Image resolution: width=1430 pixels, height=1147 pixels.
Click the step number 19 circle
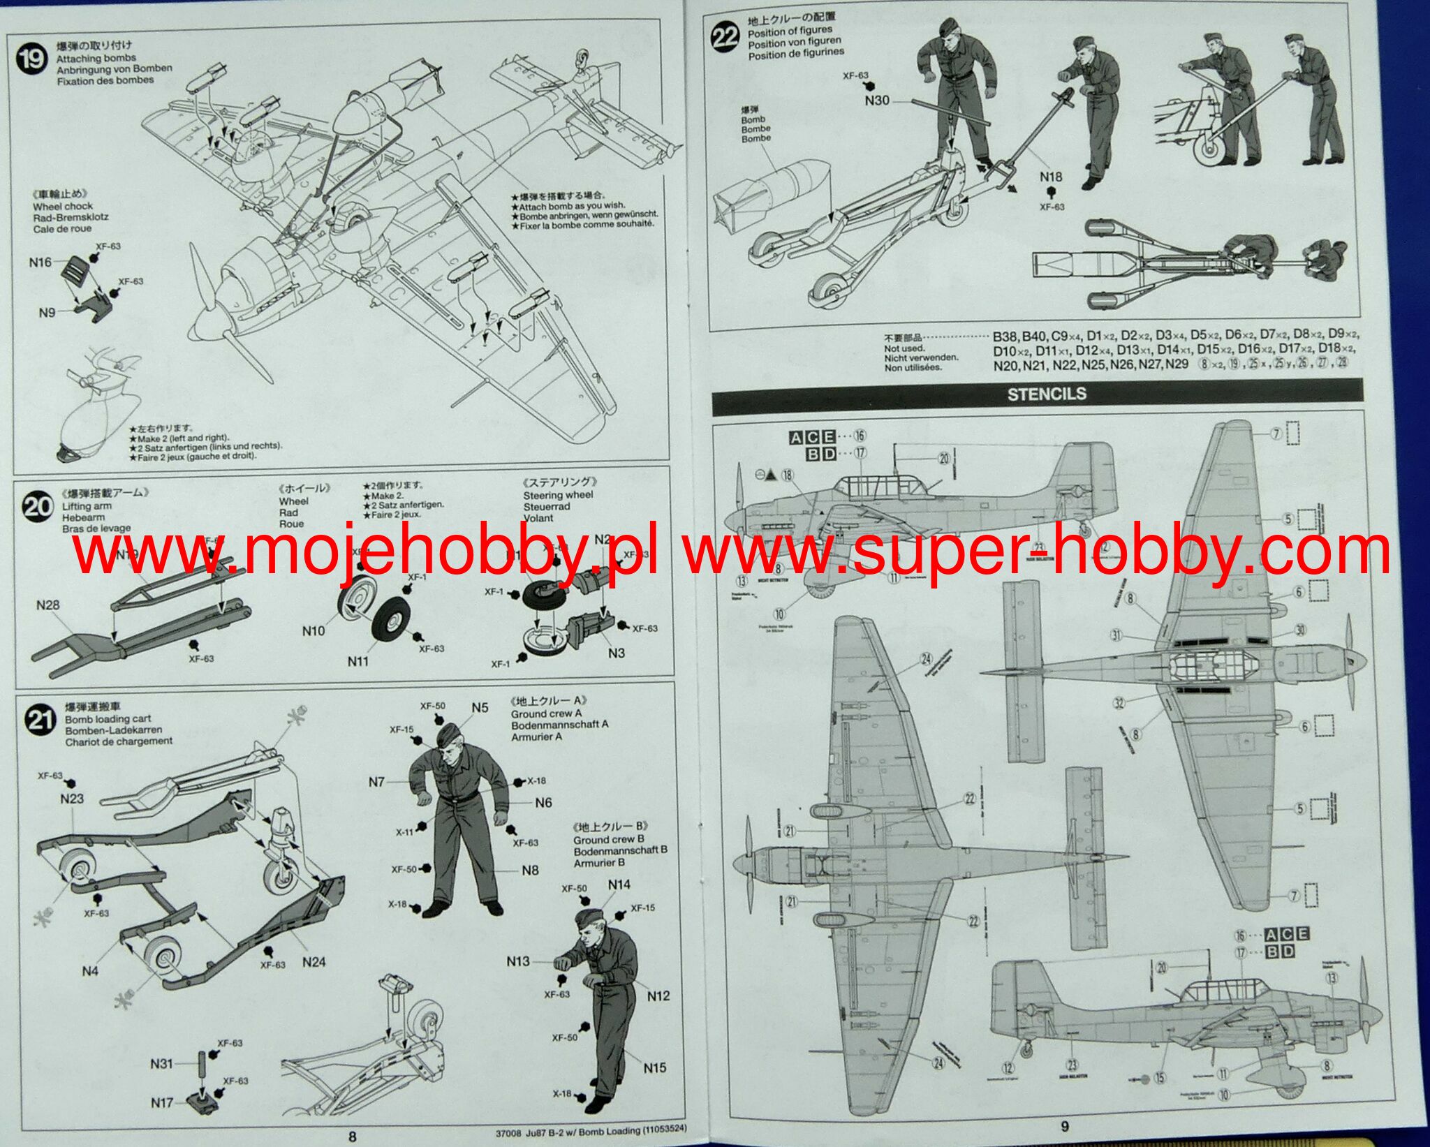click(x=31, y=59)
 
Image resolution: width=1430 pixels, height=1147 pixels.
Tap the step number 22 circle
click(x=725, y=36)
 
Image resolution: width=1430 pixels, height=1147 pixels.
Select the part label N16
click(x=40, y=262)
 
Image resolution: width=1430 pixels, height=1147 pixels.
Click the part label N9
click(x=47, y=312)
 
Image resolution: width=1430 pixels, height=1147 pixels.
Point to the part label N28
click(x=48, y=605)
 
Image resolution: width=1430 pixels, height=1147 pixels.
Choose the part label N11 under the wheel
click(x=358, y=660)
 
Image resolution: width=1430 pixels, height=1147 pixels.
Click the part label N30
click(x=877, y=101)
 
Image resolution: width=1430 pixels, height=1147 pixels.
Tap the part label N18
click(x=1051, y=177)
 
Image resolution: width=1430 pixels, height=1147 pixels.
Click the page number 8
click(x=352, y=1137)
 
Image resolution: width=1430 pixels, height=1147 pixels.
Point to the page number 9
click(x=1064, y=1126)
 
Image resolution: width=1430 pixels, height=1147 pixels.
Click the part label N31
click(x=161, y=1064)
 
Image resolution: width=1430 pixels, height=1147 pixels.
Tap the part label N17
click(x=162, y=1103)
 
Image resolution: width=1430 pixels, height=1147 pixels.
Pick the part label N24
click(x=314, y=962)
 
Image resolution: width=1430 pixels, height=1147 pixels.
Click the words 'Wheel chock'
click(x=63, y=207)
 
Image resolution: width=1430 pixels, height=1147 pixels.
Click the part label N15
click(x=655, y=1067)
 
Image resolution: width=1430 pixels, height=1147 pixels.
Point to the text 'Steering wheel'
click(x=558, y=495)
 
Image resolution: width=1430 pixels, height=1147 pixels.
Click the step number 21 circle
click(x=39, y=720)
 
